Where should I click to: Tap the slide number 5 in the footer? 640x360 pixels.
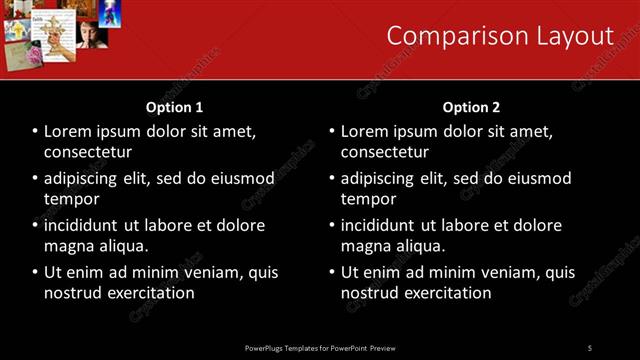590,348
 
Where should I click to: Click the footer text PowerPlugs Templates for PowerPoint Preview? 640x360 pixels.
320,348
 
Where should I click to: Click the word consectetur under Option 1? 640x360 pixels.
88,152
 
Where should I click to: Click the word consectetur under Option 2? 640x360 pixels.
385,152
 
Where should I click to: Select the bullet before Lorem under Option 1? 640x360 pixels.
36,132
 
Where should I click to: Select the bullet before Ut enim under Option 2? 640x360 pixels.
332,272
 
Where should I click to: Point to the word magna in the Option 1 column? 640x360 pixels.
69,246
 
